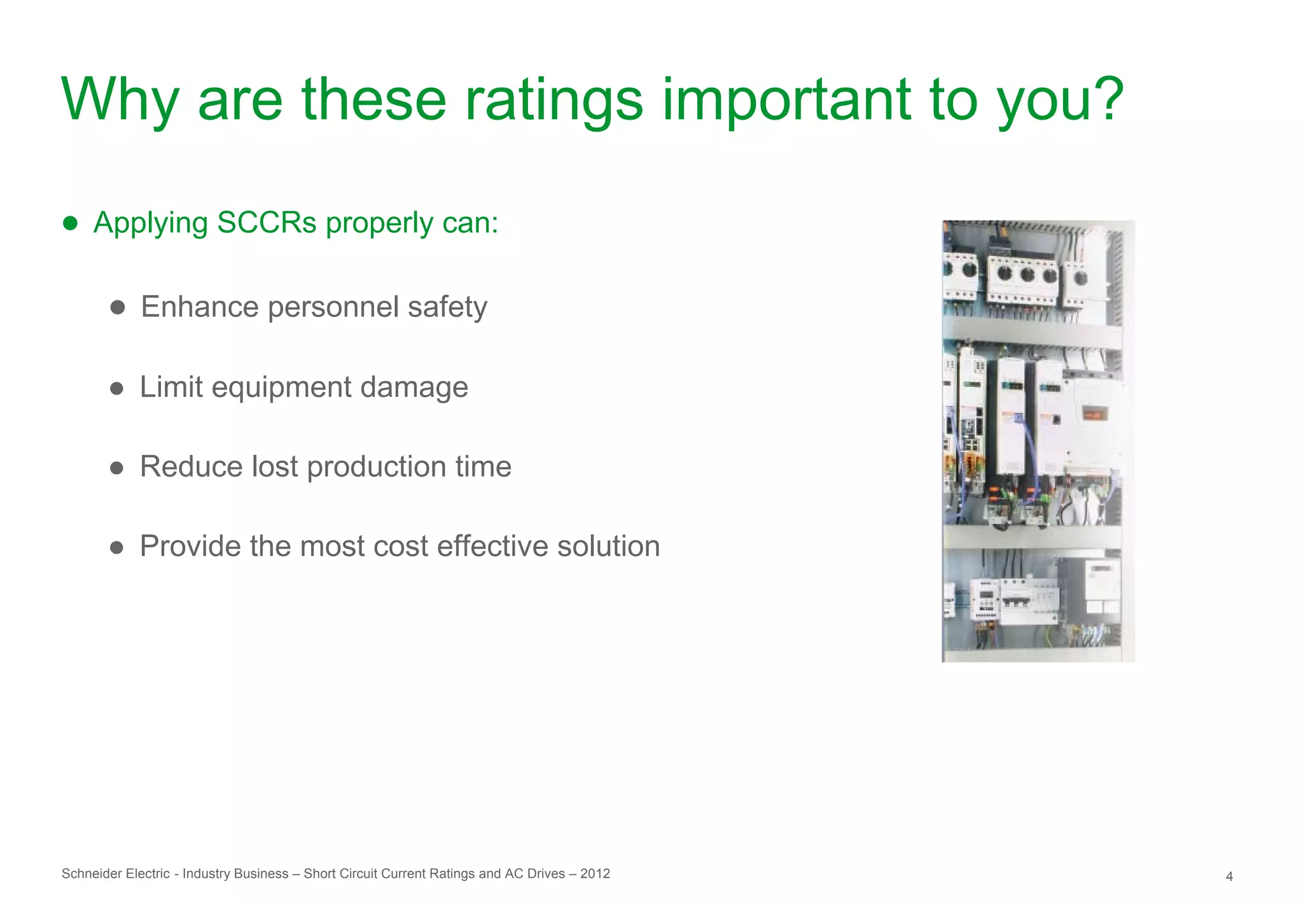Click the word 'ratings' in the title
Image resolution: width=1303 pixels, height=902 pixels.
(553, 101)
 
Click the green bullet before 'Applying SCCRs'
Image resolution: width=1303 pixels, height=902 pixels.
(70, 223)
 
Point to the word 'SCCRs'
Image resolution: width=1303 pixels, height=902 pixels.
(267, 223)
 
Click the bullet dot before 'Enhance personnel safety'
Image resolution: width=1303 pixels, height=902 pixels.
(117, 308)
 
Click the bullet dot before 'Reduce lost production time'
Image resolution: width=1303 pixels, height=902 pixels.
(116, 468)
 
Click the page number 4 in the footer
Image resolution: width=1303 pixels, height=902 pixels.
(1229, 877)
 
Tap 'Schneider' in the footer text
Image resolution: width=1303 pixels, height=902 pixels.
(88, 874)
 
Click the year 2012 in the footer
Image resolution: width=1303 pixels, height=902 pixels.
(596, 874)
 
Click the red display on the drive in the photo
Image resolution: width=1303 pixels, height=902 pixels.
(1096, 414)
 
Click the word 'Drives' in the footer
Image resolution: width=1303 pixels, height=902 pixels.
(546, 874)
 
